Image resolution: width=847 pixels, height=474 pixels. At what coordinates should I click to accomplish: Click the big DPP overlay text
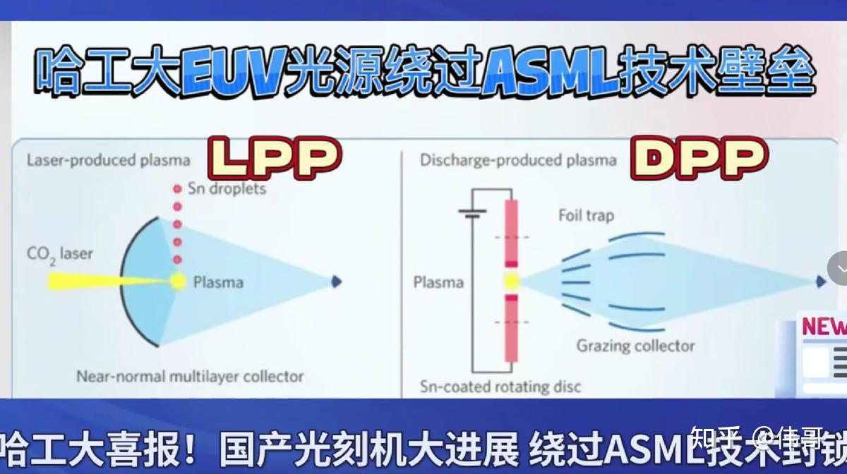pos(698,158)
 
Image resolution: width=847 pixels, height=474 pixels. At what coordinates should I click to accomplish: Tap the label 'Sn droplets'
pos(227,188)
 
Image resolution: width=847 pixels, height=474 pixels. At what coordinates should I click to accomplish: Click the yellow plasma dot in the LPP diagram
pos(177,281)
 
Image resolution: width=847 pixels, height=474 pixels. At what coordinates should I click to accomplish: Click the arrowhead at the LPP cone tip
pos(336,281)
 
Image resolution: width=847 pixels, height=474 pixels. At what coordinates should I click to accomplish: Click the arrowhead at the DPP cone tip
pos(820,281)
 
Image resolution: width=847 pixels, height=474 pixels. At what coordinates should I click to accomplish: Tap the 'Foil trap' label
pos(586,215)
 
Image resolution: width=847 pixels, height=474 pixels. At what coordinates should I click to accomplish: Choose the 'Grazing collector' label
pos(635,346)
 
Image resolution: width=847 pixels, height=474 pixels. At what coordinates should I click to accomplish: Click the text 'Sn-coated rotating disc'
pos(500,387)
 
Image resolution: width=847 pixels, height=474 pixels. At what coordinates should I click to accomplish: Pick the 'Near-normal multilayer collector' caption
pos(190,376)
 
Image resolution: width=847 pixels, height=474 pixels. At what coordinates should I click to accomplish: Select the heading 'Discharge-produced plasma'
pos(518,160)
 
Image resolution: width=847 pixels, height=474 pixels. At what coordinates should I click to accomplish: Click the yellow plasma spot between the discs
pos(511,281)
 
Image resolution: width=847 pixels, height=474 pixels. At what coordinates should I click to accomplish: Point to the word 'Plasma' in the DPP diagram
pos(438,282)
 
